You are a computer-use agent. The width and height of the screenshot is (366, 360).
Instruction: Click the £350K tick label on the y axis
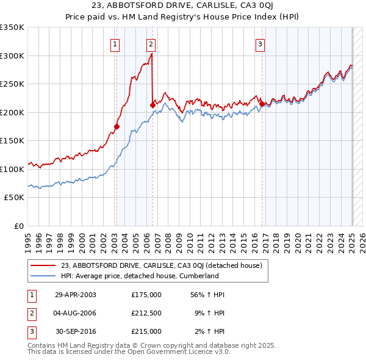[x=12, y=27]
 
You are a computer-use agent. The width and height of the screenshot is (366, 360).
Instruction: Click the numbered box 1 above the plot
[x=115, y=43]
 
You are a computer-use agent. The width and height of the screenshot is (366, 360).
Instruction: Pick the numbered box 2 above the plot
[x=151, y=43]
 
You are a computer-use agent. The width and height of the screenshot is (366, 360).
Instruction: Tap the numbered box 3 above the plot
[x=260, y=43]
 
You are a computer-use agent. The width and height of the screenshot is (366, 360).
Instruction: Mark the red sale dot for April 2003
[x=117, y=127]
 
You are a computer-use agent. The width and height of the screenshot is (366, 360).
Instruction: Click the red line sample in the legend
[x=44, y=265]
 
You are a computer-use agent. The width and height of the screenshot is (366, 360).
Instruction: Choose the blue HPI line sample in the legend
[x=44, y=276]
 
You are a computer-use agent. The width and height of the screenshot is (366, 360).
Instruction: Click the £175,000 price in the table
[x=146, y=294]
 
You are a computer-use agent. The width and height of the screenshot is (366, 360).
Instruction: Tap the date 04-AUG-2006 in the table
[x=76, y=313]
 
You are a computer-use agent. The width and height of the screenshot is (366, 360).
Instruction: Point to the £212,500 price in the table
[x=146, y=313]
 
